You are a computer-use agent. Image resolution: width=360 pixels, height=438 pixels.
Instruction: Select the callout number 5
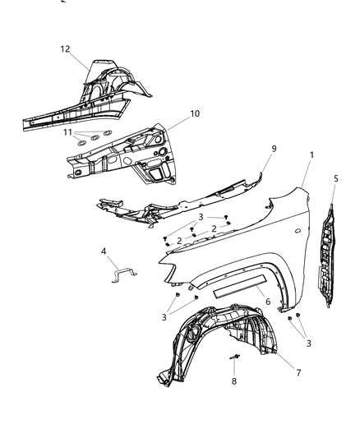(335, 178)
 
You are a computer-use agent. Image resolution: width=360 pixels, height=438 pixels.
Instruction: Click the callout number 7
(298, 373)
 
